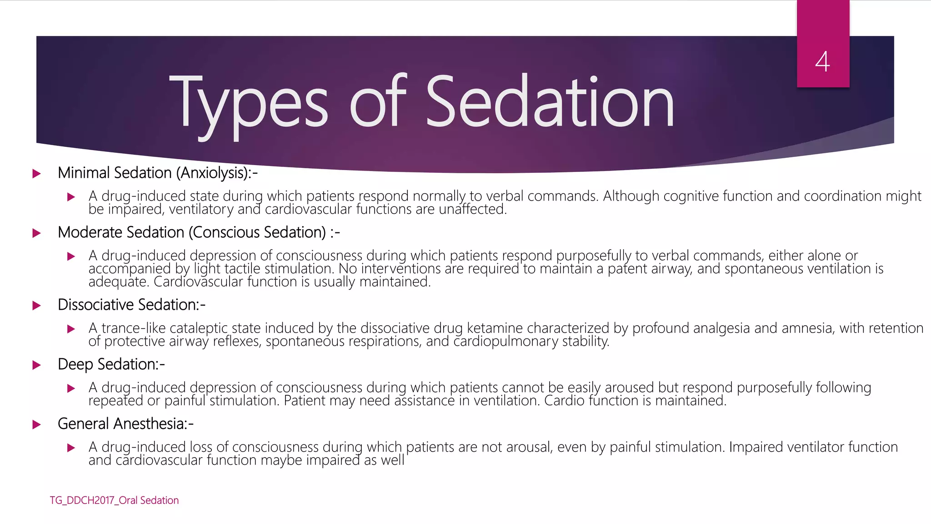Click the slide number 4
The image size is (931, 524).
[822, 61]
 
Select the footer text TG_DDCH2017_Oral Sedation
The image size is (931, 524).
[114, 500]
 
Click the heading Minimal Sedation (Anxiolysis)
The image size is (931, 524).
[157, 173]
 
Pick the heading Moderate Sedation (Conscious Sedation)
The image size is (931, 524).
[198, 232]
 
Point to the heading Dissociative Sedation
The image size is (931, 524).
[131, 305]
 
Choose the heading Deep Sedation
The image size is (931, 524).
[111, 364]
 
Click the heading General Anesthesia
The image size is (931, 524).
[125, 424]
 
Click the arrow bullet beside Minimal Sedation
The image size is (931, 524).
[37, 174]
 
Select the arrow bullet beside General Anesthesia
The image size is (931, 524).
[37, 425]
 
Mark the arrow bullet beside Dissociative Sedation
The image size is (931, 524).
[37, 306]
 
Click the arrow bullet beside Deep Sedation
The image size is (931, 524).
[37, 365]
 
